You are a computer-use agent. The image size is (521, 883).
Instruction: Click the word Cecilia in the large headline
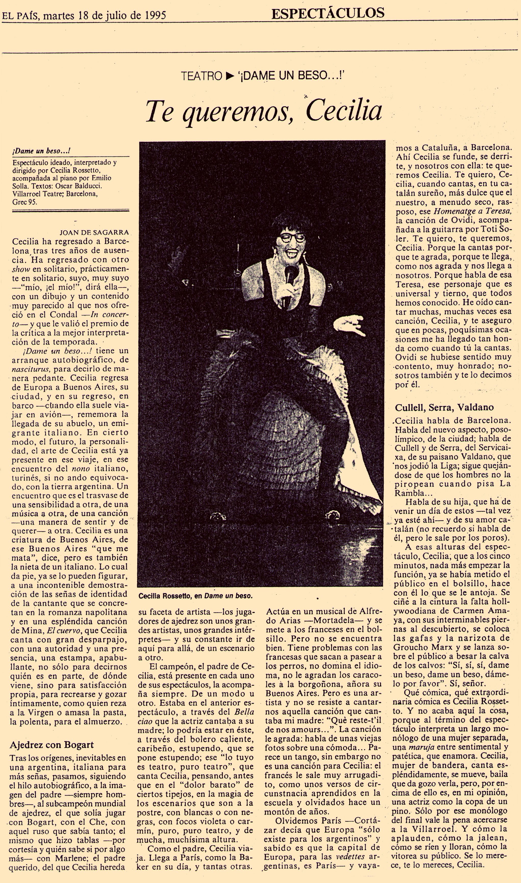344,111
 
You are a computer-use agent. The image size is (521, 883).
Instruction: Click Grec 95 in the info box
25,202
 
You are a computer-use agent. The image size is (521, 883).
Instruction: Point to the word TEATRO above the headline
201,75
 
